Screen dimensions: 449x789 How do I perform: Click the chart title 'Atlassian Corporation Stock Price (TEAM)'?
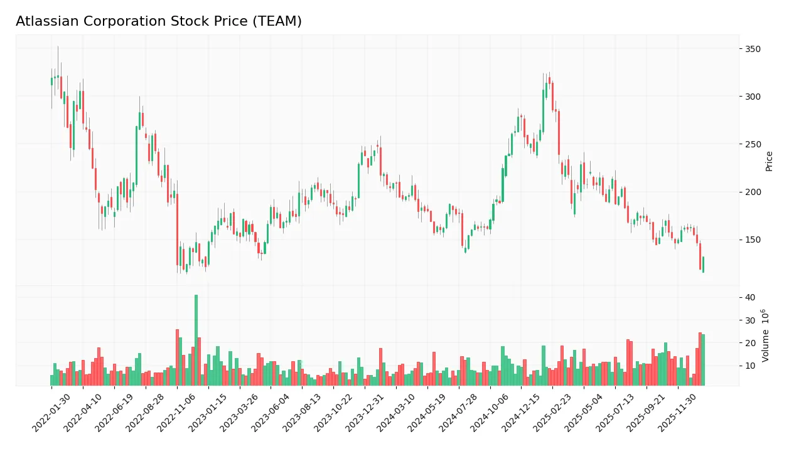coord(158,21)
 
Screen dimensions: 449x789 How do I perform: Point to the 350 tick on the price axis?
coord(753,49)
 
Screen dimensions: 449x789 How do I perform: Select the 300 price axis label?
coord(753,97)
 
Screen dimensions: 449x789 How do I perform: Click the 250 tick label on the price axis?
coord(753,144)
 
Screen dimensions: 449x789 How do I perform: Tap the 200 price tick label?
coord(753,192)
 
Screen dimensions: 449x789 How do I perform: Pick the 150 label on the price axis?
coord(753,240)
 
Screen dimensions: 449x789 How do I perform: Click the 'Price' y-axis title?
coord(769,161)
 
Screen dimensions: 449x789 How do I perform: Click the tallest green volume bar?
coord(196,340)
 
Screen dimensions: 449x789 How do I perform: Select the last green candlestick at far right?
coord(703,265)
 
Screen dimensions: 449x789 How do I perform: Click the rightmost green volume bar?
coord(703,360)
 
